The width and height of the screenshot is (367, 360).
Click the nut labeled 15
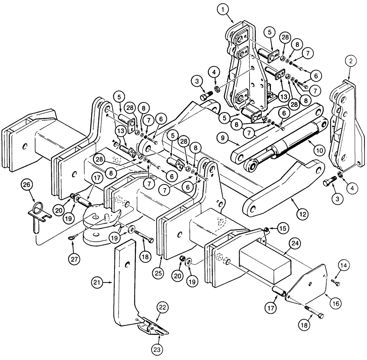point(266,230)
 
